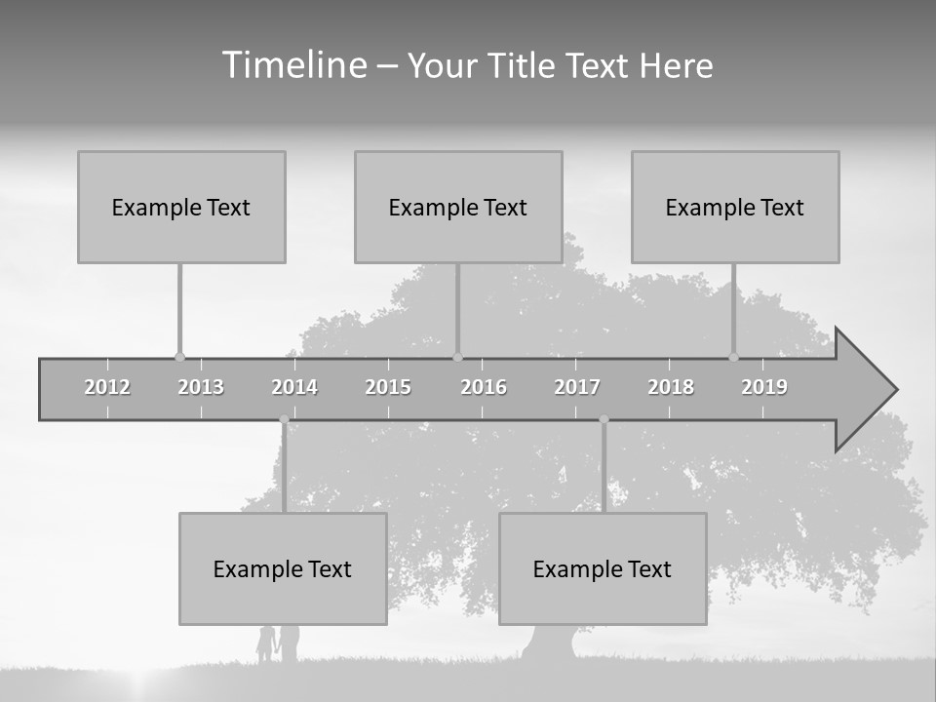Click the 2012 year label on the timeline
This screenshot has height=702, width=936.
pyautogui.click(x=107, y=387)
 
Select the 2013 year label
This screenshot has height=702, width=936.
pyautogui.click(x=201, y=387)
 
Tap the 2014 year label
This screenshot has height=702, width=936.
pyautogui.click(x=294, y=387)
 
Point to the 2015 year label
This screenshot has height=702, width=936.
pyautogui.click(x=388, y=387)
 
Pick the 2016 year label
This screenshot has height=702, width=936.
pyautogui.click(x=484, y=387)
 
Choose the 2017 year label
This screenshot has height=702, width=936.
pyautogui.click(x=577, y=387)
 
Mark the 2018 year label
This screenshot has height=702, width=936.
pyautogui.click(x=671, y=387)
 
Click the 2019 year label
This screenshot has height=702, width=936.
pyautogui.click(x=764, y=387)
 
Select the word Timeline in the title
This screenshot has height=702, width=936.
pyautogui.click(x=292, y=65)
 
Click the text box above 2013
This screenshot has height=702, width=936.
pyautogui.click(x=181, y=207)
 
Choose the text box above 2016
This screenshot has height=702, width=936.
pyautogui.click(x=458, y=207)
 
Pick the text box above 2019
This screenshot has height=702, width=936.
pyautogui.click(x=735, y=207)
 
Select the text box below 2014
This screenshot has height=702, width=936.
pyautogui.click(x=283, y=568)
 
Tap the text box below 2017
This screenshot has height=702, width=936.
pyautogui.click(x=603, y=568)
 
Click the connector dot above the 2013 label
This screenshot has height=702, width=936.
pyautogui.click(x=179, y=357)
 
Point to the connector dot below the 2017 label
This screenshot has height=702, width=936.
pyautogui.click(x=604, y=419)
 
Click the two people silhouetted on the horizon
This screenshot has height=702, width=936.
pyautogui.click(x=277, y=644)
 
